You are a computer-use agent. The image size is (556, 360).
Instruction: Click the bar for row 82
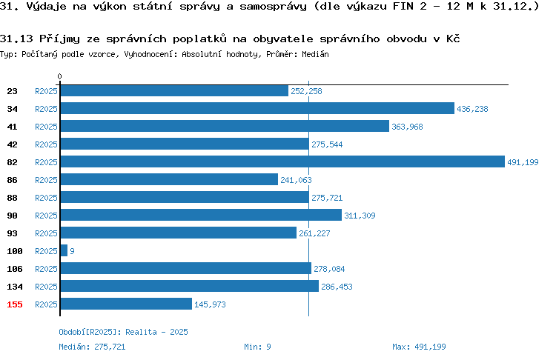coord(282,161)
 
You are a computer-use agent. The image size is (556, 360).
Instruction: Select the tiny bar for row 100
coord(64,250)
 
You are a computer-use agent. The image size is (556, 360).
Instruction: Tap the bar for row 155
coord(126,304)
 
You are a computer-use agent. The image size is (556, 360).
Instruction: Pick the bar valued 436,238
coord(257,108)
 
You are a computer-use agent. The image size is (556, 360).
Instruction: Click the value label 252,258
coord(306,91)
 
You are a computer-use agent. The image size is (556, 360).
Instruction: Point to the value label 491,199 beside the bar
coord(523,162)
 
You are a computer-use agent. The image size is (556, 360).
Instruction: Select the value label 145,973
coord(210,304)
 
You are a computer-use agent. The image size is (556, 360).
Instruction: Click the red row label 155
coord(15,304)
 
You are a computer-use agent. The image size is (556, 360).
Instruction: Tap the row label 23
coord(12,91)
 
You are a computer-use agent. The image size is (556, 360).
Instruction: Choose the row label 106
coord(15,269)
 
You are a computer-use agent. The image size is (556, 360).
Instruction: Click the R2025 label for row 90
coord(46,216)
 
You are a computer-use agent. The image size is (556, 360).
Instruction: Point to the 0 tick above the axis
coord(59,76)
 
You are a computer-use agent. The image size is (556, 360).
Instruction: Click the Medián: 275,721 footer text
coord(92,347)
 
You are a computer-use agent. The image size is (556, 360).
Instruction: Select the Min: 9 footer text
coord(257,347)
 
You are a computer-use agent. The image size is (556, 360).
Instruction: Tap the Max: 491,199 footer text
coord(419,347)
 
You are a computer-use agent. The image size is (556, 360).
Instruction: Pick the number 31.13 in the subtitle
coord(16,39)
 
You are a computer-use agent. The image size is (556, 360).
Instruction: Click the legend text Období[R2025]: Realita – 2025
coord(123,332)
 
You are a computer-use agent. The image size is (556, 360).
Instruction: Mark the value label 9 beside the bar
coord(72,251)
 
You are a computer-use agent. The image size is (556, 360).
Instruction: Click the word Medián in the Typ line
coord(315,54)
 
